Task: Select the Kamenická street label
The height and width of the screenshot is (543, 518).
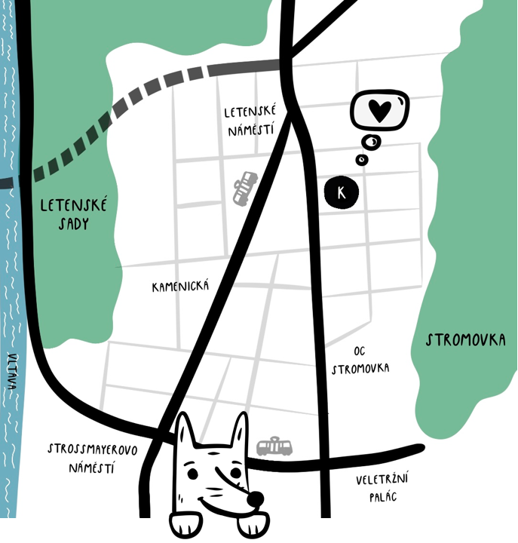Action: pyautogui.click(x=180, y=287)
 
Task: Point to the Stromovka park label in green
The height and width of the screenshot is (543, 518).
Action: pyautogui.click(x=465, y=340)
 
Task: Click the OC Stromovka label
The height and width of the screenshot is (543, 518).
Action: pyautogui.click(x=360, y=360)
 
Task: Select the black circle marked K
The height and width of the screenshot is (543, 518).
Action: pyautogui.click(x=342, y=192)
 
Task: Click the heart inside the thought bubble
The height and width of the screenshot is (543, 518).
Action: pyautogui.click(x=380, y=111)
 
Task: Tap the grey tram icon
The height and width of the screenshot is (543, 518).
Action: pyautogui.click(x=274, y=446)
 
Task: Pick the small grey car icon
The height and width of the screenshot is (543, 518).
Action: pyautogui.click(x=244, y=186)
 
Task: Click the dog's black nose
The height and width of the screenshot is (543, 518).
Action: pyautogui.click(x=256, y=499)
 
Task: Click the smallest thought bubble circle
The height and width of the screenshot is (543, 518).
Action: pyautogui.click(x=363, y=159)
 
